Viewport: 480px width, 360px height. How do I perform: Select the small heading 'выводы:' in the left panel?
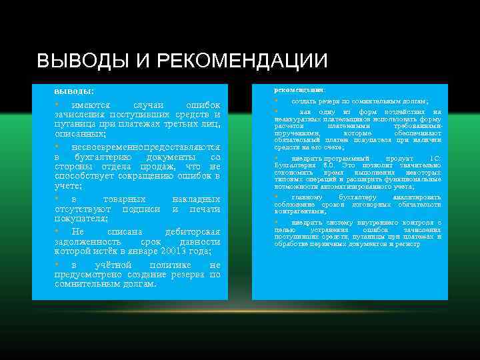coord(74,90)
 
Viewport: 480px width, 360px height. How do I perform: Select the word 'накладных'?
coord(196,199)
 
